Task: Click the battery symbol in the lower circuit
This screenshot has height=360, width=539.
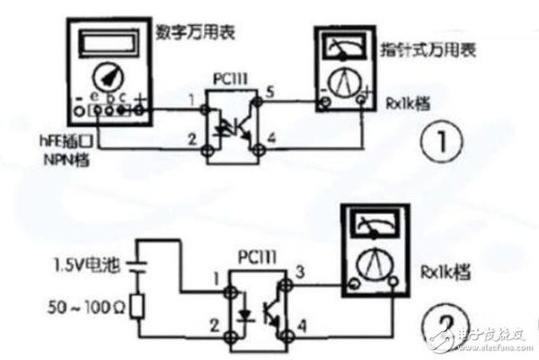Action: pos(136,266)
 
